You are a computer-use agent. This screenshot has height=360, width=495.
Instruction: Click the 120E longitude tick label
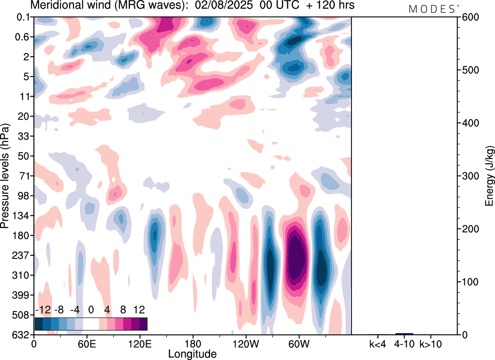point(140,343)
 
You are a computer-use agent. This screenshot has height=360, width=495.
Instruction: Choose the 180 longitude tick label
point(193,343)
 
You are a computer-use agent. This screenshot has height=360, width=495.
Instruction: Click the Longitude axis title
point(192,353)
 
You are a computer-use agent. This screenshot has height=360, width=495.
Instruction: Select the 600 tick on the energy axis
point(468,17)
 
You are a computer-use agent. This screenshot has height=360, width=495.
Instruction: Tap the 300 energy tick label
point(468,176)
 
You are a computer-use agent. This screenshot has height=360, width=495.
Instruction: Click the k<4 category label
point(378,343)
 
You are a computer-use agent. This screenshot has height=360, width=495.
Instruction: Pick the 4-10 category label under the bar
point(404,343)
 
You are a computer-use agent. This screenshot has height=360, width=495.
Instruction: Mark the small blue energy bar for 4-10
point(404,334)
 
